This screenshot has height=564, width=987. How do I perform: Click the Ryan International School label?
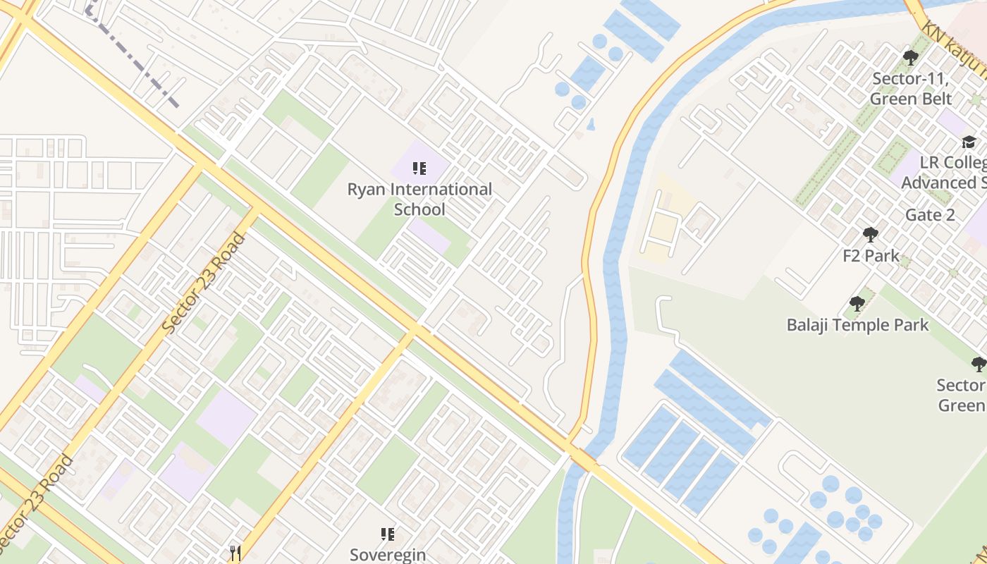pyautogui.click(x=419, y=200)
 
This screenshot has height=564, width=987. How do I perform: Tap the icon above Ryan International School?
pyautogui.click(x=419, y=168)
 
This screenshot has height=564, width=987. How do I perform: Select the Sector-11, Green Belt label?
pyautogui.click(x=911, y=88)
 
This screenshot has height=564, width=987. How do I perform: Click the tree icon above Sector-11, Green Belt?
pyautogui.click(x=910, y=58)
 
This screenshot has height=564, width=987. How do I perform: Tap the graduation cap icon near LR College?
pyautogui.click(x=969, y=142)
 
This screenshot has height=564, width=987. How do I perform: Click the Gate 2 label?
pyautogui.click(x=930, y=215)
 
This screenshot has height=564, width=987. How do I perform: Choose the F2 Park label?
pyautogui.click(x=871, y=255)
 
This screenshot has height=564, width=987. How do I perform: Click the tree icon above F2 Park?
pyautogui.click(x=870, y=234)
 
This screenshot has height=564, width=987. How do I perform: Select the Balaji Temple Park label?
pyautogui.click(x=857, y=325)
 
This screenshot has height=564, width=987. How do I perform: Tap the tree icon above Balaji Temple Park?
pyautogui.click(x=857, y=304)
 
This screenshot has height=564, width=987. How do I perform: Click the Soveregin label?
pyautogui.click(x=388, y=554)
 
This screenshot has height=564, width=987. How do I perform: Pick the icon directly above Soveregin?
pyautogui.click(x=387, y=534)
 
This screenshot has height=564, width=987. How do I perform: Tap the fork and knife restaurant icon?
pyautogui.click(x=235, y=553)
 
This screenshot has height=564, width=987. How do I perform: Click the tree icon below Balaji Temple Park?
pyautogui.click(x=978, y=364)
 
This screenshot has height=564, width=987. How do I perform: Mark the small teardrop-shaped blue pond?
pyautogui.click(x=591, y=125)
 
